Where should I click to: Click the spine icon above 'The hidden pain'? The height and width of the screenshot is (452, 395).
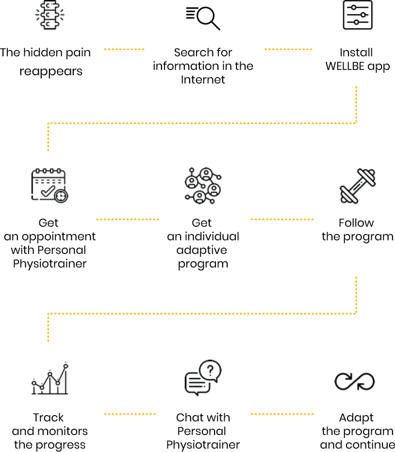(49, 15)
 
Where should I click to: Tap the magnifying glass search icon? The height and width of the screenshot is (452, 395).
(203, 18)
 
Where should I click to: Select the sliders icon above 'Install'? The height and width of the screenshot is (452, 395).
(358, 15)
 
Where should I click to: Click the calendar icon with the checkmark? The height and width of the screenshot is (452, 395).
(49, 185)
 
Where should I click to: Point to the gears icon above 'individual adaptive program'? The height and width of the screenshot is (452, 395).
(203, 185)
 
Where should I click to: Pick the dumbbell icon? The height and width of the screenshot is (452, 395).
(358, 186)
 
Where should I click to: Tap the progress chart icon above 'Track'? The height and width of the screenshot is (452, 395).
(49, 379)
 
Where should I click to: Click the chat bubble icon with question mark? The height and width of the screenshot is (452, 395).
(203, 378)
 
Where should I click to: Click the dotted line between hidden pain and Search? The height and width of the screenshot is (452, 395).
(124, 50)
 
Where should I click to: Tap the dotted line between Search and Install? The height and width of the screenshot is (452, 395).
(288, 50)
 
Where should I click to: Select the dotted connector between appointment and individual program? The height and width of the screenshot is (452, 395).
(128, 219)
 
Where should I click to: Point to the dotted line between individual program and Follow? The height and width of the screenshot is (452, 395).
(282, 219)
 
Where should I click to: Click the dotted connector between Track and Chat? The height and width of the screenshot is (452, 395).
(130, 414)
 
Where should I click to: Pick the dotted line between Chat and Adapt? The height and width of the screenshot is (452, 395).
(282, 414)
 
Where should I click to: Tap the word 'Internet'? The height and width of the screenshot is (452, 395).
(203, 80)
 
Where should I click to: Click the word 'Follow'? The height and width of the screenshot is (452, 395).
(357, 223)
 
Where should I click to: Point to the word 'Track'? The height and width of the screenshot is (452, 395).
(49, 418)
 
